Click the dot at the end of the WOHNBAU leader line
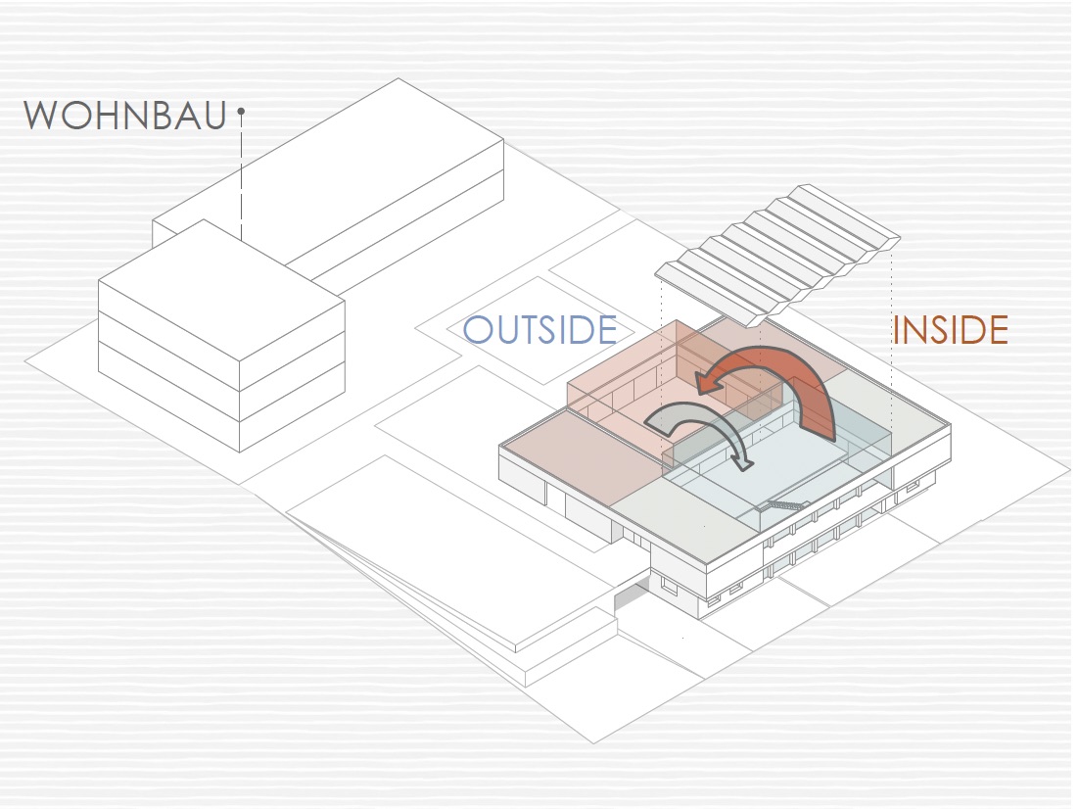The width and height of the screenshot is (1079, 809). tap(241, 113)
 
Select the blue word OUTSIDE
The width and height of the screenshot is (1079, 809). tap(539, 330)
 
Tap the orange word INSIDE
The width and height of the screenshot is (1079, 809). tap(950, 331)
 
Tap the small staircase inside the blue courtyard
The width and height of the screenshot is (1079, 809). tap(783, 505)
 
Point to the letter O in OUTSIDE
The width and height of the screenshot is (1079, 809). tap(477, 330)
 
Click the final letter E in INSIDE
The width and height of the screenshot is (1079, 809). tap(997, 331)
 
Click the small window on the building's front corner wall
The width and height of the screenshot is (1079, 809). tap(669, 587)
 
